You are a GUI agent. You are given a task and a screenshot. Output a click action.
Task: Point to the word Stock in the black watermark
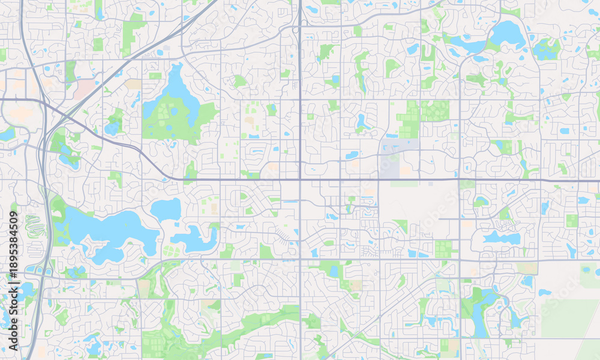click(x=13, y=301)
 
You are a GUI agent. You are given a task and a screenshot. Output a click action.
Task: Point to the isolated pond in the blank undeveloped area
click(x=544, y=292)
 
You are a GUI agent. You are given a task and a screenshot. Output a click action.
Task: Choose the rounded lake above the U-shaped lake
click(x=166, y=209)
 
